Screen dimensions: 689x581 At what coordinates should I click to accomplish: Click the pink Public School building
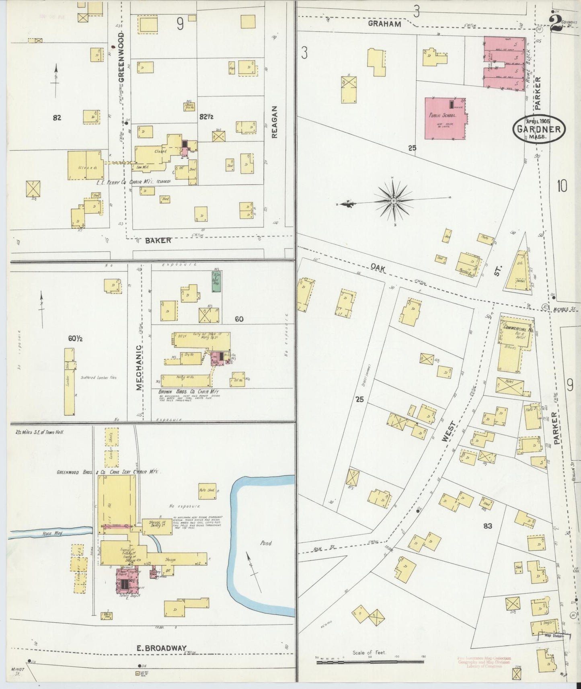446,119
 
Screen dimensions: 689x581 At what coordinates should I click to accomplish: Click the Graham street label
385,24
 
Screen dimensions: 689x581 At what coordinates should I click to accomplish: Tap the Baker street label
158,240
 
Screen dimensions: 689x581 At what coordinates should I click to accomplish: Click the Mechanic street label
139,367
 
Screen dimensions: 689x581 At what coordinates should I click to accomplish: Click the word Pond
265,543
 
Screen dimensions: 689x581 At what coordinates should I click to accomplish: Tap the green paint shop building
217,281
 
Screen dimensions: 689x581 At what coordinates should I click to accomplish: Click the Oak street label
378,267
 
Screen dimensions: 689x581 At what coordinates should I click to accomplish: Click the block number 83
488,525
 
